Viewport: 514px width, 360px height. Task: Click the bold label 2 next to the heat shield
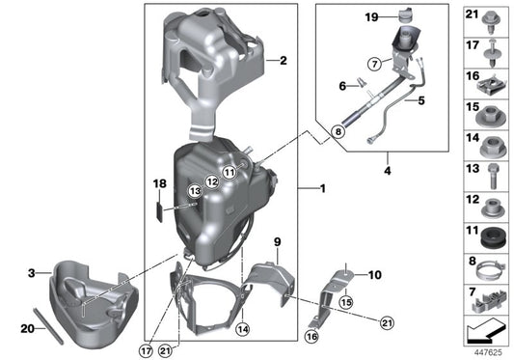[283, 61]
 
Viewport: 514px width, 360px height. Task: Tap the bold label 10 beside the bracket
[374, 275]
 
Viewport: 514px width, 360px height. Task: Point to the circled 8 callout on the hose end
[338, 129]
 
